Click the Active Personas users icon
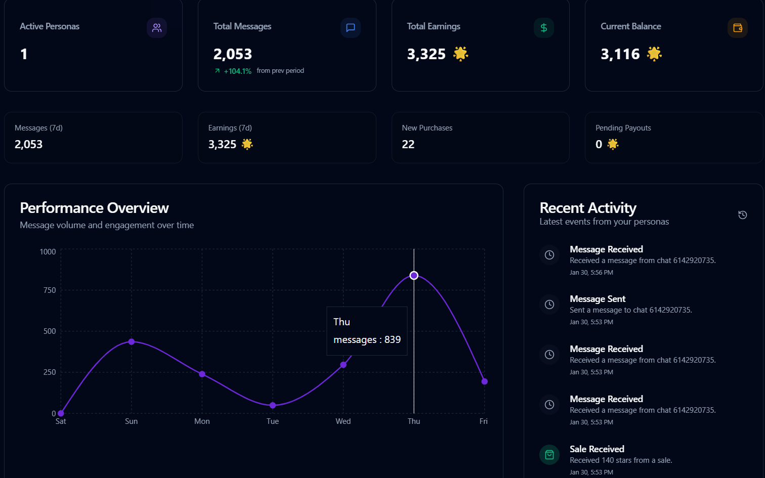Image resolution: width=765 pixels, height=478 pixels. pyautogui.click(x=157, y=28)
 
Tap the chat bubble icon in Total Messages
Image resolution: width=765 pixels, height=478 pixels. pyautogui.click(x=350, y=28)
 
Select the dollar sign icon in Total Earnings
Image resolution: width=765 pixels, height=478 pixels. pyautogui.click(x=543, y=28)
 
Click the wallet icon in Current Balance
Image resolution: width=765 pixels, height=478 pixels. pyautogui.click(x=737, y=28)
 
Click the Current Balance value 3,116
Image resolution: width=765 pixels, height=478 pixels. pyautogui.click(x=620, y=54)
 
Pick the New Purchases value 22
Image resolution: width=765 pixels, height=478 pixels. pyautogui.click(x=408, y=145)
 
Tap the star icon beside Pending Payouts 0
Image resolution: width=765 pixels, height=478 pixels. pyautogui.click(x=613, y=145)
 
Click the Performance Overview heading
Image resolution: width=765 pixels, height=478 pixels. pyautogui.click(x=94, y=208)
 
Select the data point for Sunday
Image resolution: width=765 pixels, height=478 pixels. pyautogui.click(x=132, y=342)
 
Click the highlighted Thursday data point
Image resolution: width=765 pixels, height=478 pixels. pyautogui.click(x=414, y=276)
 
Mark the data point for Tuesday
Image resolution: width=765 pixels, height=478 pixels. pyautogui.click(x=273, y=405)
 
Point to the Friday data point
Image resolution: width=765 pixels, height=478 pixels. pyautogui.click(x=484, y=381)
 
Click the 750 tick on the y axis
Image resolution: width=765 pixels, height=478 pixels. pyautogui.click(x=50, y=290)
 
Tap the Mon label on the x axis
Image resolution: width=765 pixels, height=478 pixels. pyautogui.click(x=202, y=421)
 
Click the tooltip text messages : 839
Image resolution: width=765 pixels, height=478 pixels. pyautogui.click(x=367, y=340)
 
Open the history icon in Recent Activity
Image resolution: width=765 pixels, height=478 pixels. pyautogui.click(x=742, y=215)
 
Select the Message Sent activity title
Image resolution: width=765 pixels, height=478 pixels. pyautogui.click(x=598, y=299)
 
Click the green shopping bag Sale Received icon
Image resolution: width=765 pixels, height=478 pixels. pyautogui.click(x=549, y=455)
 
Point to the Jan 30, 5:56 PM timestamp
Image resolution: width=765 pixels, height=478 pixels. pyautogui.click(x=591, y=273)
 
